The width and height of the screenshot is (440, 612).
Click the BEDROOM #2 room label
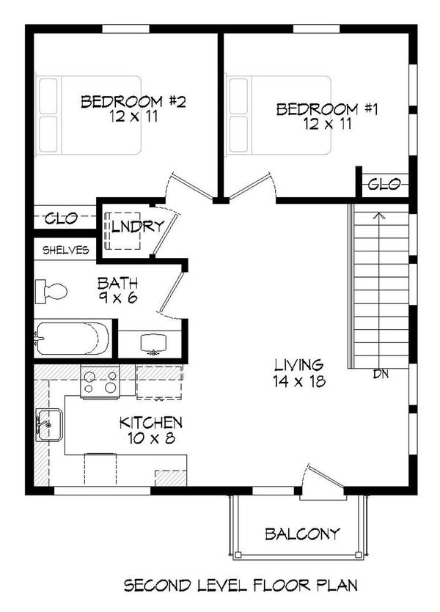click(133, 101)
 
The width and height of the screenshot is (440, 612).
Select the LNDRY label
click(136, 226)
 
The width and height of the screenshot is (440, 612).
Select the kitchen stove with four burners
click(100, 381)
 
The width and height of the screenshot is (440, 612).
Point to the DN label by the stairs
click(380, 375)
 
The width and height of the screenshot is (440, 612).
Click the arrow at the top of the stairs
click(378, 216)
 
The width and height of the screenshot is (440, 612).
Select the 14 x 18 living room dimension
click(299, 381)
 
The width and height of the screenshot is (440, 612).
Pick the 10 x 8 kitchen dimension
click(150, 439)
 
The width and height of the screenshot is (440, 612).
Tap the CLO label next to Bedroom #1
click(384, 184)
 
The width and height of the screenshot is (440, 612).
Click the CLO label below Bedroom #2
click(62, 218)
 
